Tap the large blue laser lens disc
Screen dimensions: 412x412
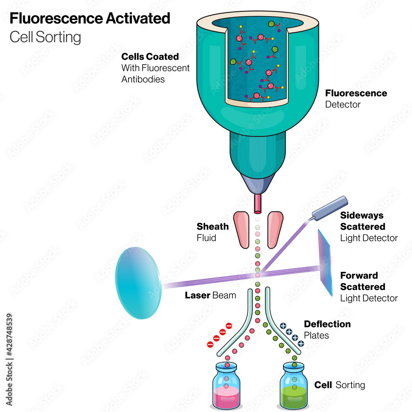(138, 283)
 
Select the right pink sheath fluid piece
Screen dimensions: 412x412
(274, 229)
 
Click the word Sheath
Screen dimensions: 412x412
(213, 226)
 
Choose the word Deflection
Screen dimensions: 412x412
(327, 324)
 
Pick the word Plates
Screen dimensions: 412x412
(316, 335)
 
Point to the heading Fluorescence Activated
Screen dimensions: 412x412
(90, 19)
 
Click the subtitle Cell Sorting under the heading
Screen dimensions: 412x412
(45, 37)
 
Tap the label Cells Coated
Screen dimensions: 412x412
(150, 57)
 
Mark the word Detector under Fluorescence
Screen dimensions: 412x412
(343, 105)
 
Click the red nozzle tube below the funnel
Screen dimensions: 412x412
(258, 204)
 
